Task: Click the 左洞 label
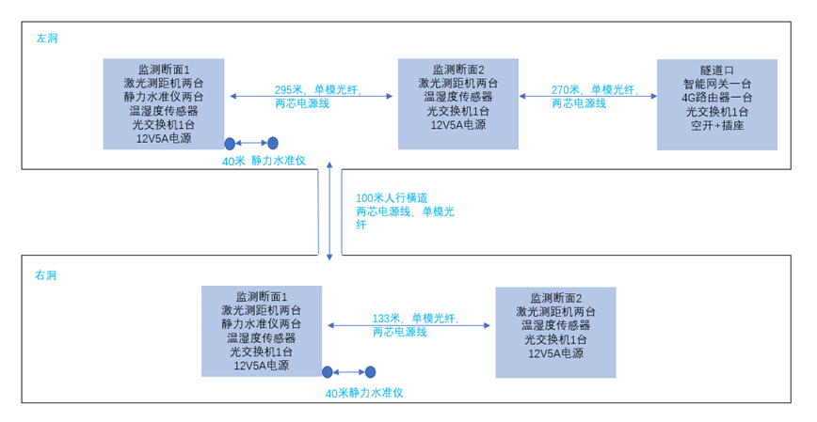[47, 39]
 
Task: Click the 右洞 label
[46, 275]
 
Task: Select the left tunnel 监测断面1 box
[164, 103]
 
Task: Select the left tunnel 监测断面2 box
[458, 103]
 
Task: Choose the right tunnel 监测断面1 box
[262, 331]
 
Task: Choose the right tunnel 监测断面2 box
[555, 332]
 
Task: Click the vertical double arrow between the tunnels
[329, 211]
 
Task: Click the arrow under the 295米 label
[311, 96]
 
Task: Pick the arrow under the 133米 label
[408, 325]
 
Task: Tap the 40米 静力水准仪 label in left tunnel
[264, 161]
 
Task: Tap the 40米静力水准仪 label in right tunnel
[364, 393]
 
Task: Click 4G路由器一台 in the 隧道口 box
[717, 97]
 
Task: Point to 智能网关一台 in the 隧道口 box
[717, 84]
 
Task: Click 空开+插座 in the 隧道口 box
[717, 124]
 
